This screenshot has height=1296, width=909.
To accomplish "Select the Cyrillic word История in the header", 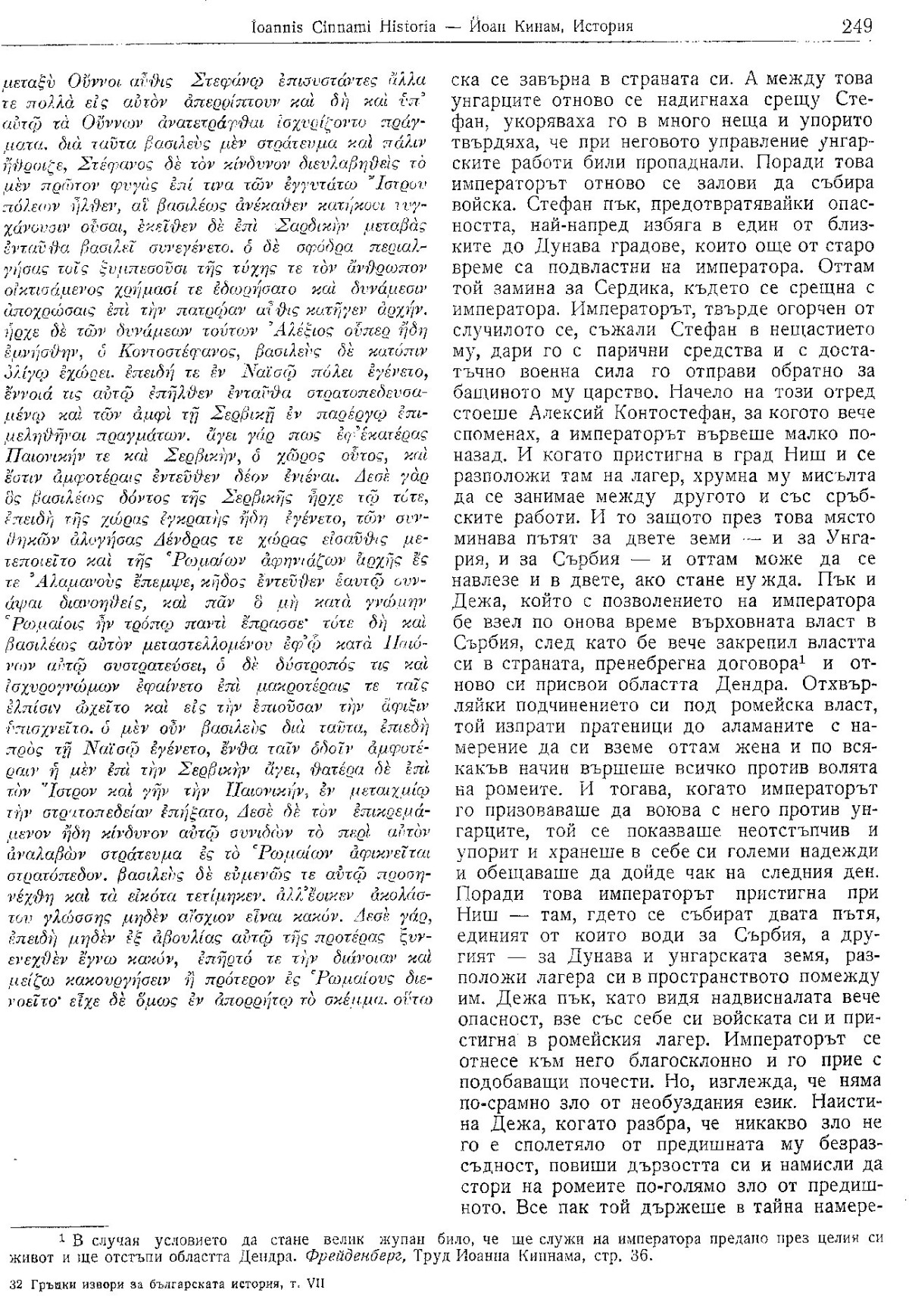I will pos(604,28).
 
